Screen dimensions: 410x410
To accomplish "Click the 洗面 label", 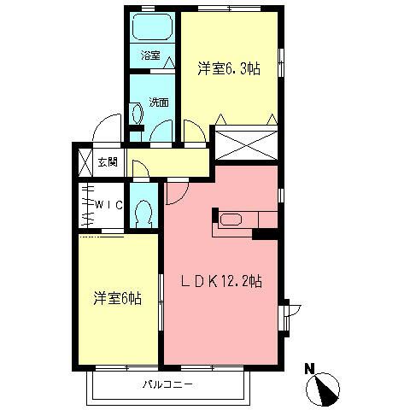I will click(x=158, y=102).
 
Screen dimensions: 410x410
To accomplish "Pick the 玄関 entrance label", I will click(x=107, y=162).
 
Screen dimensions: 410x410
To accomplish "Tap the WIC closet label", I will click(x=109, y=205).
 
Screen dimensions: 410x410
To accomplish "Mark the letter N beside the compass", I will click(x=310, y=369).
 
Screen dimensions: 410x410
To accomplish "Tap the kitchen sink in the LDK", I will click(x=231, y=220).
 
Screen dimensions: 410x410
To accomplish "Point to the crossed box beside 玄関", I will click(x=85, y=162).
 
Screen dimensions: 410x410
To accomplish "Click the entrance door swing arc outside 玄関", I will click(x=107, y=128).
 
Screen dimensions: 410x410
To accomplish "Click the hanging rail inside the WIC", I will click(x=86, y=206).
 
